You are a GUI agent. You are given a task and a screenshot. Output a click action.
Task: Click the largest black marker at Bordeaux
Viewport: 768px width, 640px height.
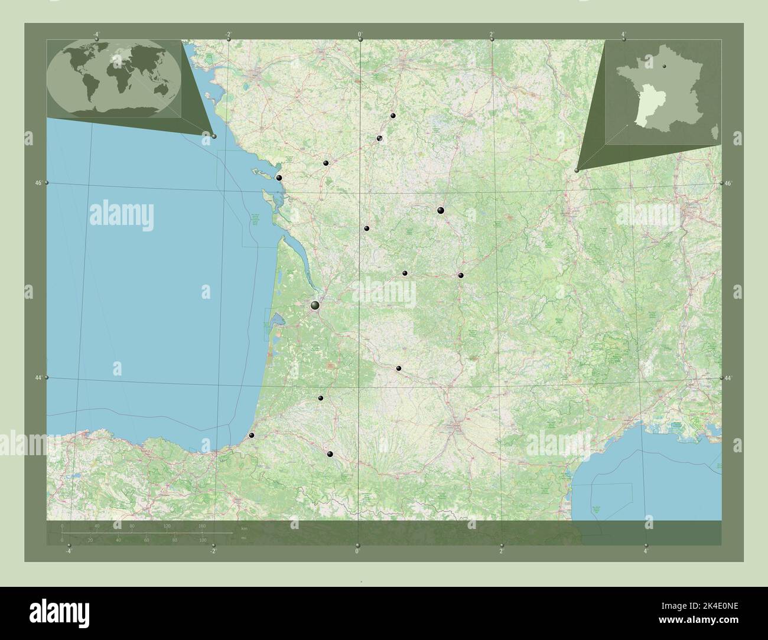pos(315,305)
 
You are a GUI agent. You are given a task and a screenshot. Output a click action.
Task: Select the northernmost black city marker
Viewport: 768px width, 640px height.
pos(393,116)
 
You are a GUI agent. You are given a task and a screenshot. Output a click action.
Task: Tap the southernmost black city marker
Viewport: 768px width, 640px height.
pos(330,454)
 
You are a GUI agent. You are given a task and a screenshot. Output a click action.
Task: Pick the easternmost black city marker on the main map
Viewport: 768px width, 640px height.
pos(461,275)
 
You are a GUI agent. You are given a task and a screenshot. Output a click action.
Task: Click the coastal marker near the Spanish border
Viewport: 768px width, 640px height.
pos(252,435)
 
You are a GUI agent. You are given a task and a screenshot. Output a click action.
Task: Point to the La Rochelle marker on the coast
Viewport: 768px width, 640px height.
pos(279,177)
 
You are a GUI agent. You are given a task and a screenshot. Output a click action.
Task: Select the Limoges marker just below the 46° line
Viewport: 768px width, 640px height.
pos(440,210)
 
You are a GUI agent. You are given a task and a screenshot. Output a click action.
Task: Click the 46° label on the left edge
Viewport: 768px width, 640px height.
pos(38,184)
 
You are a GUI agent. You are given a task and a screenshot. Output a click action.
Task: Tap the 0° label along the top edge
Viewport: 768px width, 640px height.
pos(360,34)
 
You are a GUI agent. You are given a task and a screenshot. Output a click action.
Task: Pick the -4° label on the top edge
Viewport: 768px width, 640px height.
pos(96,34)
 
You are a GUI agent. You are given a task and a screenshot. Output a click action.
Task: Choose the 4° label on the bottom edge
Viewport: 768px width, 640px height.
pos(646,551)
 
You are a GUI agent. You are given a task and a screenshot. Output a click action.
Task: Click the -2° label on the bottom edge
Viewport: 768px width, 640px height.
pos(213,551)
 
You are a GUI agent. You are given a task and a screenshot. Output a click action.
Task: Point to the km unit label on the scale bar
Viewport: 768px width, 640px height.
pos(244,527)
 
